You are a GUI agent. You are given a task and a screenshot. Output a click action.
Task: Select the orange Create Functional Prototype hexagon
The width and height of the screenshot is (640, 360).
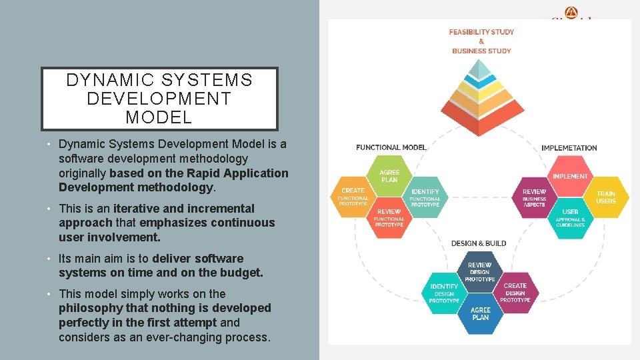pos(353,195)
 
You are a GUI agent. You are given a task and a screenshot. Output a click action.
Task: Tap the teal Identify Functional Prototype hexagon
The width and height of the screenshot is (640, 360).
pos(425,196)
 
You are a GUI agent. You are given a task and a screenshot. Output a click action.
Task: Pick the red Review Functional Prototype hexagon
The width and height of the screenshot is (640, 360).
pos(389,216)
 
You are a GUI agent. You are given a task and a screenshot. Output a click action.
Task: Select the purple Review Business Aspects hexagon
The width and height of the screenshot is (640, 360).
pos(534,196)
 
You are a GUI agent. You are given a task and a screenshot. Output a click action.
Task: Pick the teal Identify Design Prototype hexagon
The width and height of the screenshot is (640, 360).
pos(444,291)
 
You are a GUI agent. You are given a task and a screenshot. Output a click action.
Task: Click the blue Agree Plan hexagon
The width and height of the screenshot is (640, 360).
pos(480,313)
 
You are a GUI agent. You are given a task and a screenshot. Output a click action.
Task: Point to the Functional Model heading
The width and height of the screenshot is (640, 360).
pos(391,147)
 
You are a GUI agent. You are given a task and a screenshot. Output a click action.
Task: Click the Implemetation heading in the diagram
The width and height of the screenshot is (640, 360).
pos(569,148)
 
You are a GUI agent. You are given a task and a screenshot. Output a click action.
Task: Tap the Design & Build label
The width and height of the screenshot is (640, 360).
pos(479,243)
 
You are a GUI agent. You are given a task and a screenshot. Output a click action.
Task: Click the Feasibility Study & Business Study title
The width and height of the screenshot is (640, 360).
pos(481,41)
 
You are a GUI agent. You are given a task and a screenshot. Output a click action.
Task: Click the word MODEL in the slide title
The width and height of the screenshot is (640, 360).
pos(159,118)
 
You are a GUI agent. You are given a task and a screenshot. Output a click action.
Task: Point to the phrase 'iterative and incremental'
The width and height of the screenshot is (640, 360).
pos(184,209)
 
